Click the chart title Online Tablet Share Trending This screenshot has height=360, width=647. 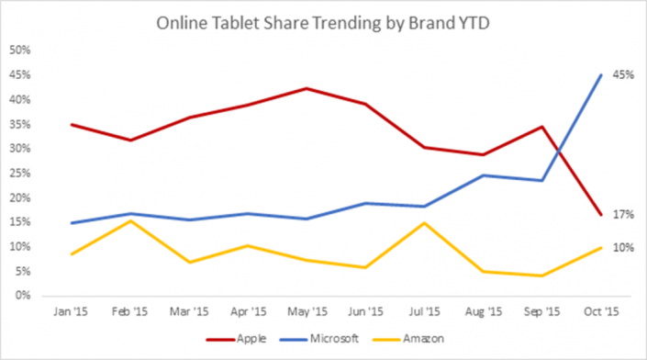tap(324, 20)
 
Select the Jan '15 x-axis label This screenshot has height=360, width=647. tap(72, 312)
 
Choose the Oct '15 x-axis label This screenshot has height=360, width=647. tap(601, 312)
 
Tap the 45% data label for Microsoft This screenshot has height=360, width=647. tap(623, 76)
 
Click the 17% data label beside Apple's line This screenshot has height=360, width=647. tap(623, 214)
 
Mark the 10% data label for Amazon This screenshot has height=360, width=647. tap(623, 248)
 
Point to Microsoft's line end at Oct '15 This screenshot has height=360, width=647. tap(601, 75)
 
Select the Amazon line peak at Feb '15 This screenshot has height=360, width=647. tap(130, 220)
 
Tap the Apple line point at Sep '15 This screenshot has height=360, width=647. tap(542, 127)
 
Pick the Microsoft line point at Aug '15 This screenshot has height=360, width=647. tap(484, 175)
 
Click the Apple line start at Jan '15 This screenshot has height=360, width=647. tap(72, 124)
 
